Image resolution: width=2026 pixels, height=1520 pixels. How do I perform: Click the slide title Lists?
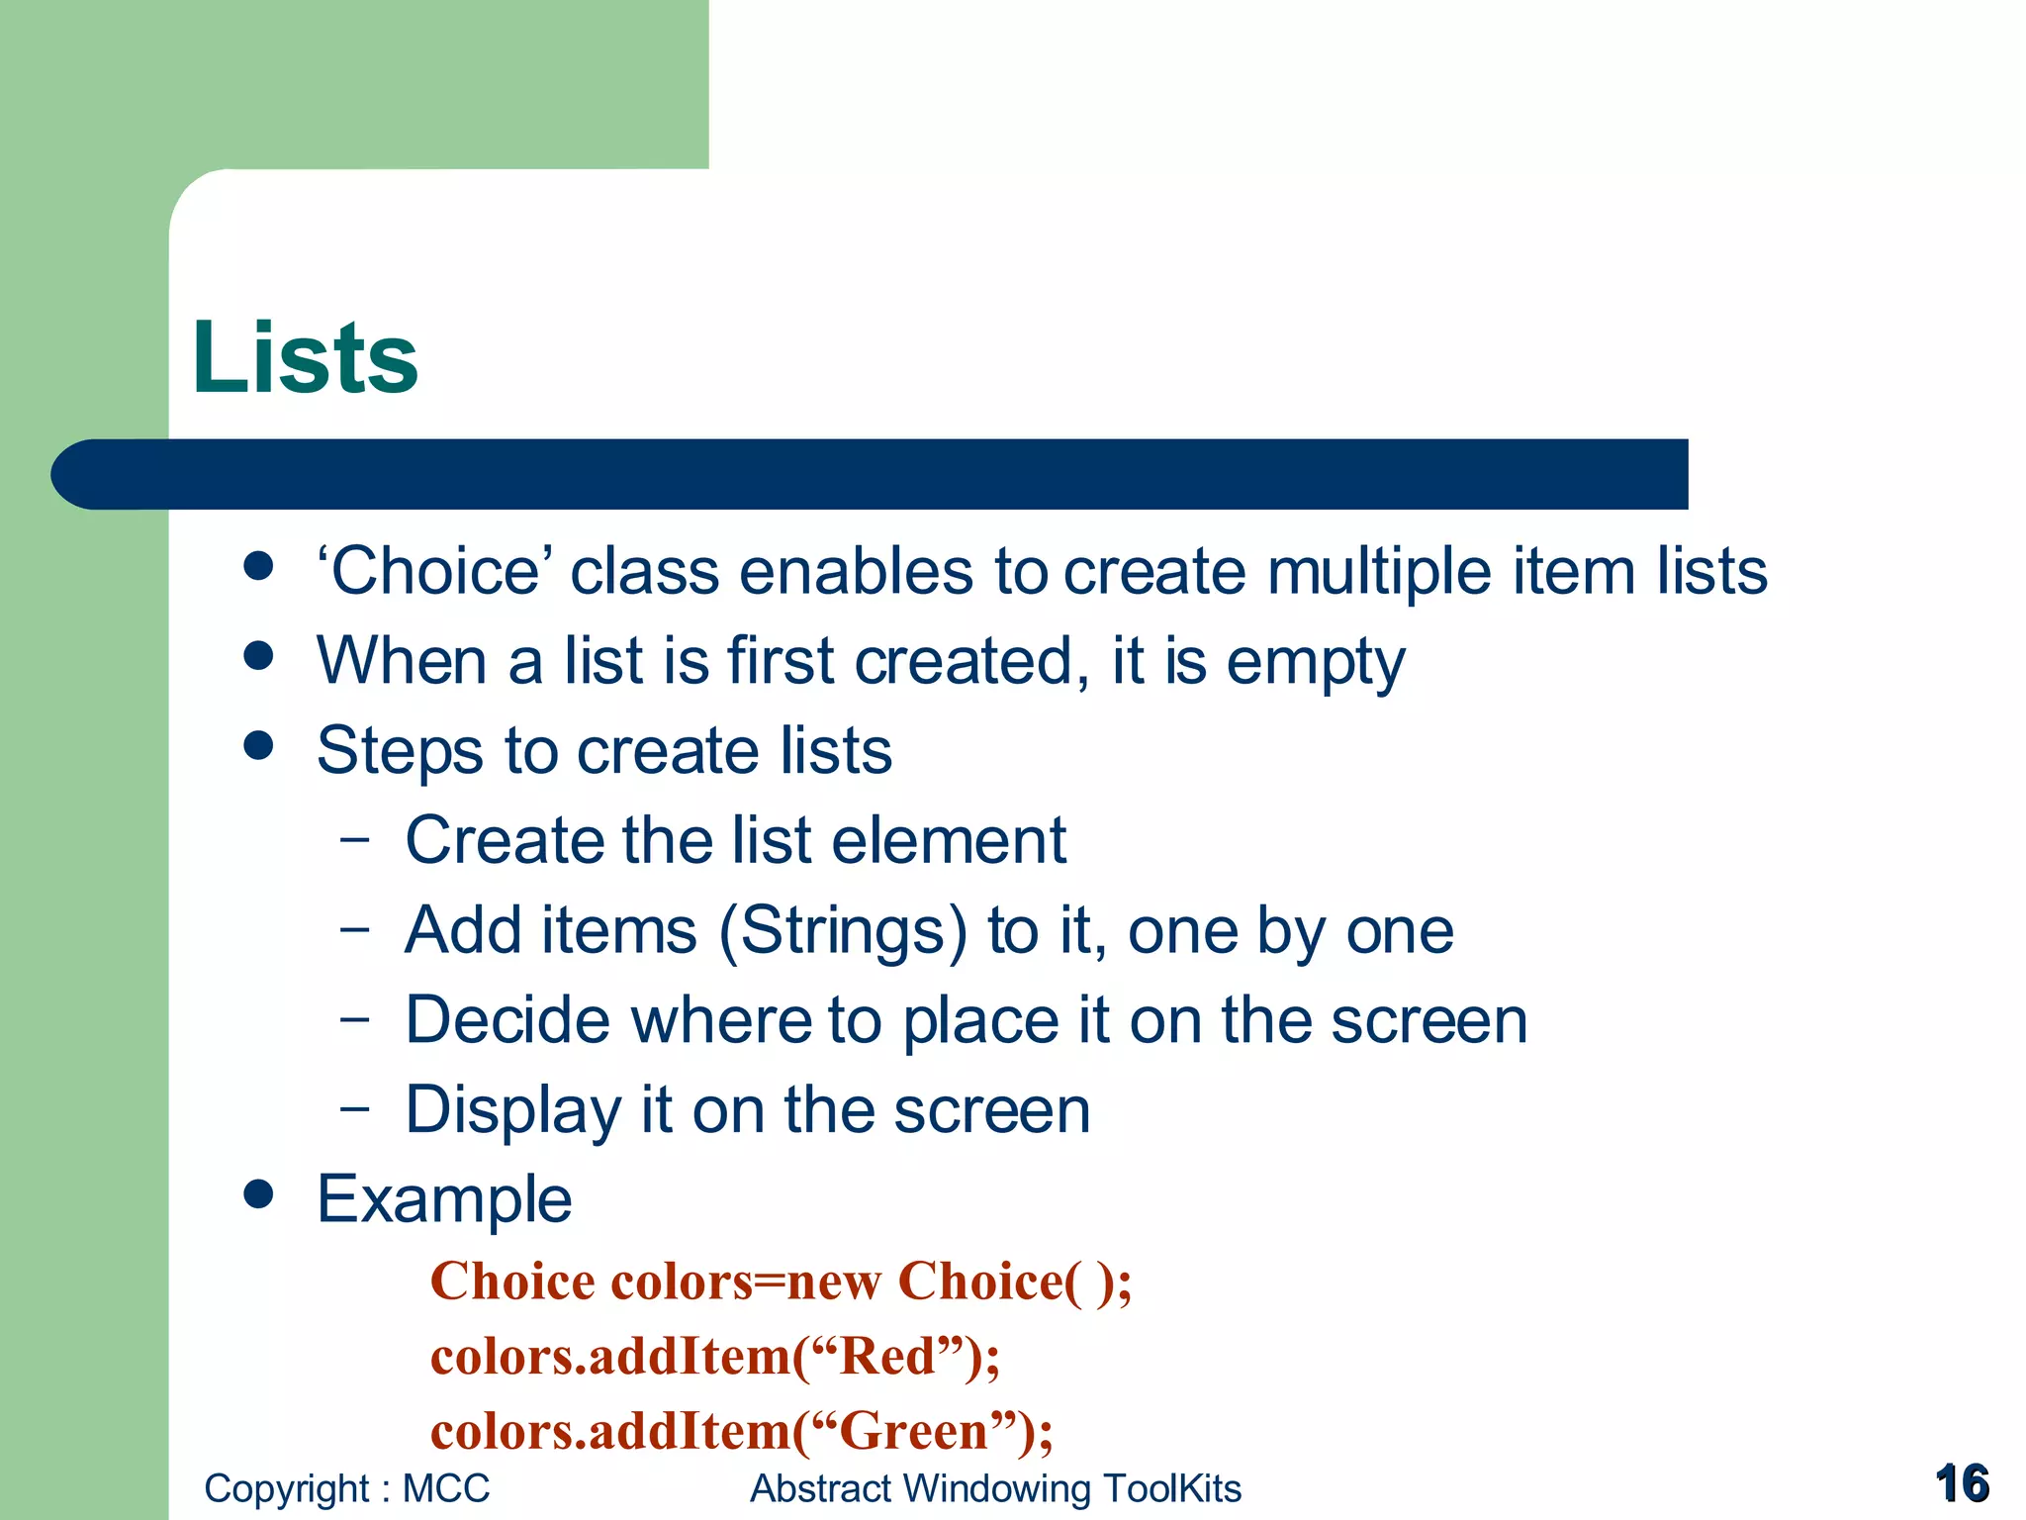(305, 357)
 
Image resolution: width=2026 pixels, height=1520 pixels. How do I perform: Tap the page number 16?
(1962, 1483)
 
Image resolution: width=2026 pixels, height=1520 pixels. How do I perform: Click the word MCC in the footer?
(446, 1488)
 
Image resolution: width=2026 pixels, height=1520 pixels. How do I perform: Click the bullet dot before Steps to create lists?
(258, 745)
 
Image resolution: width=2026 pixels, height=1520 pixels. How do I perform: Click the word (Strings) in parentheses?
(843, 931)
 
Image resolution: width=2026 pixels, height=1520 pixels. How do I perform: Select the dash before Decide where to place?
(354, 1018)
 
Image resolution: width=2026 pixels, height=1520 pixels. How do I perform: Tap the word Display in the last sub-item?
(512, 1110)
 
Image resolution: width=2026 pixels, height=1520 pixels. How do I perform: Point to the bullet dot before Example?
(258, 1194)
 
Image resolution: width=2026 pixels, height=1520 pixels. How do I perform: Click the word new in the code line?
(833, 1282)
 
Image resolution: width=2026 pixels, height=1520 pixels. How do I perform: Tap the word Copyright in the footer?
(286, 1488)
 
